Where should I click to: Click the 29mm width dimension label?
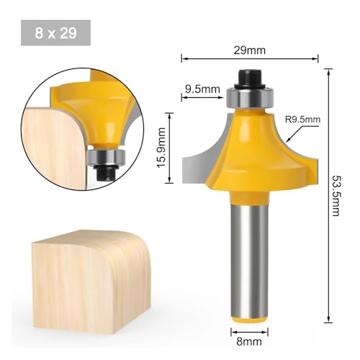[250, 50]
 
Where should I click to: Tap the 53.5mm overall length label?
[336, 196]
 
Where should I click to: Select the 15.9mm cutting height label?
[161, 148]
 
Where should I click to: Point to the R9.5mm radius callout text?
[302, 120]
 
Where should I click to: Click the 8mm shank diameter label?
[249, 341]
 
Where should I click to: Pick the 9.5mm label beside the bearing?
[202, 89]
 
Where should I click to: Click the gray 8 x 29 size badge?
[55, 33]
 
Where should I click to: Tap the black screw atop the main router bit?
[250, 78]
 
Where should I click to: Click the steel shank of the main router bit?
[249, 259]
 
